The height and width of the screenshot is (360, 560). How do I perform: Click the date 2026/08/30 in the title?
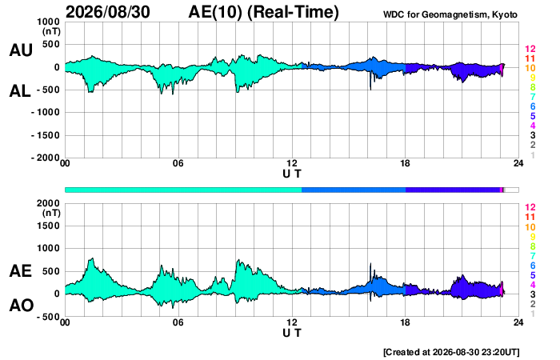coord(108,12)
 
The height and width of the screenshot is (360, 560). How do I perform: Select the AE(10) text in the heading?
coord(215,12)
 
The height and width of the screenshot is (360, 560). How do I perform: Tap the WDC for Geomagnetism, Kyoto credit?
coord(450,14)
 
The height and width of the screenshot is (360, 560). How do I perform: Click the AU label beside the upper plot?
coord(21,50)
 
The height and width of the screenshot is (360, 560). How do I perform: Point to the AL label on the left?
coord(20,91)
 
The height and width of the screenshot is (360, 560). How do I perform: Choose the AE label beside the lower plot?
coord(20,271)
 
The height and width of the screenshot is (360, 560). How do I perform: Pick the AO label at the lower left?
coord(22,306)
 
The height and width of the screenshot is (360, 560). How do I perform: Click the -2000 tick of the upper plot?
coord(46,158)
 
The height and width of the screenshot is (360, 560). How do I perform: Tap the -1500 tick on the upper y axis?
coord(46,135)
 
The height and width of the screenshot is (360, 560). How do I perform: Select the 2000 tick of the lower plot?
coord(48,203)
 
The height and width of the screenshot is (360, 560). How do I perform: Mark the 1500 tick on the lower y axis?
coord(48,226)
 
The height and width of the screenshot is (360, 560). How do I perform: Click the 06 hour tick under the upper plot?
coord(178,163)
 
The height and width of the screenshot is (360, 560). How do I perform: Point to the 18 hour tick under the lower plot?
coord(405,322)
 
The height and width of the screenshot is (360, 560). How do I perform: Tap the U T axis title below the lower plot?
coord(292,333)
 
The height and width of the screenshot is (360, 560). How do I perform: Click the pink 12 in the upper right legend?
coord(530,49)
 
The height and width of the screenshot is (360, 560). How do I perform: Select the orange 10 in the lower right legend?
coord(530,227)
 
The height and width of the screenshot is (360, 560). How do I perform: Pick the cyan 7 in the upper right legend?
coord(533,97)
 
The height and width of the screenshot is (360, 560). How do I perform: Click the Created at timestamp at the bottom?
coord(451,352)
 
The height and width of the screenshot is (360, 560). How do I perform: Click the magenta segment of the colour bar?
coord(502,190)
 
